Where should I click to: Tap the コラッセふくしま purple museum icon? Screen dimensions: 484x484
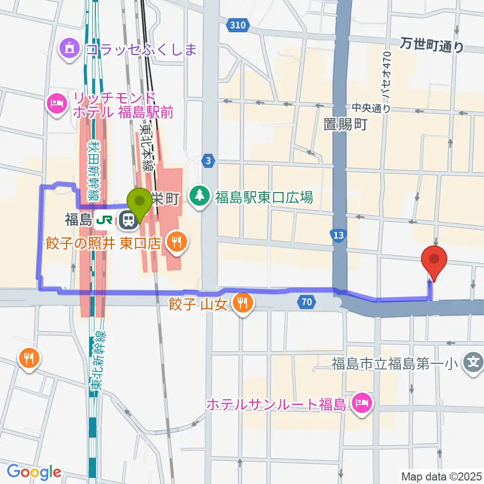pos(69,48)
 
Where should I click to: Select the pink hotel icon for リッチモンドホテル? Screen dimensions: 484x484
pos(55,104)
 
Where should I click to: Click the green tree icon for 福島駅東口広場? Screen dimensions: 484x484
pos(201,196)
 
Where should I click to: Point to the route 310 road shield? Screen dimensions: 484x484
pos(236,24)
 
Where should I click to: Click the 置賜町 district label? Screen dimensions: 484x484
pos(345,125)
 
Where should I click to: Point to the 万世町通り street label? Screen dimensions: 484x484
pos(432,46)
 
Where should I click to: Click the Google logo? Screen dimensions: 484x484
pos(34,472)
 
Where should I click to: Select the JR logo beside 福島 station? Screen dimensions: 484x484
pos(107,219)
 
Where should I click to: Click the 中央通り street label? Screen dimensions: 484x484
pos(371,107)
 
